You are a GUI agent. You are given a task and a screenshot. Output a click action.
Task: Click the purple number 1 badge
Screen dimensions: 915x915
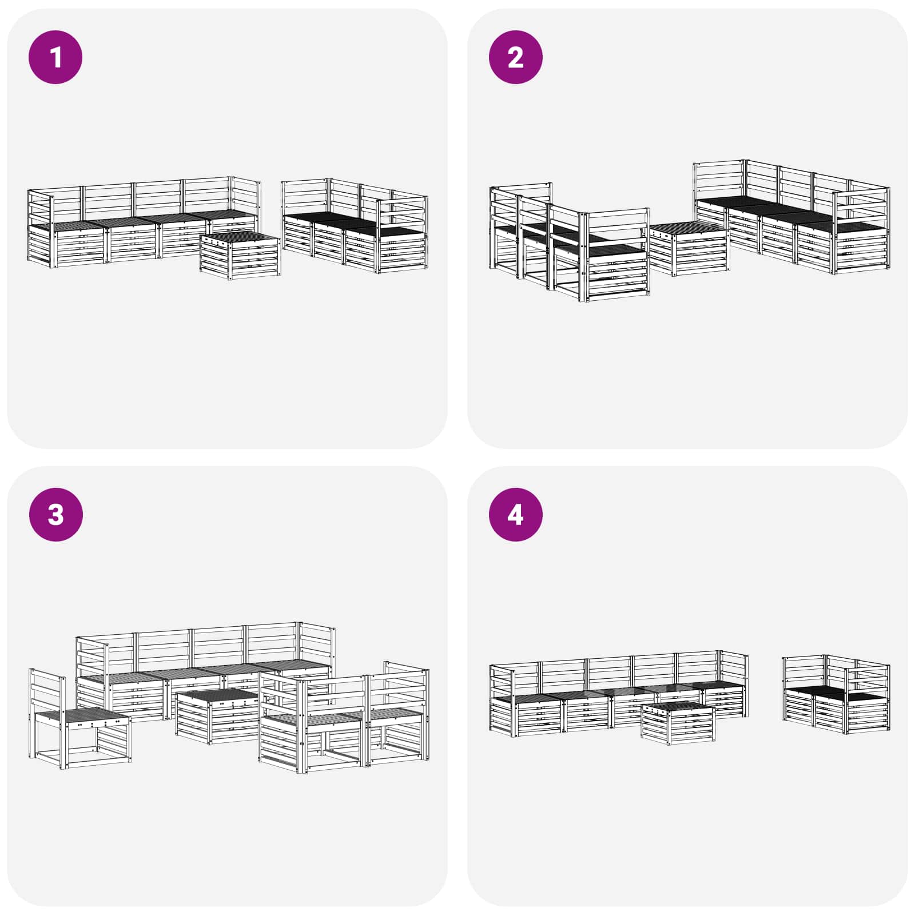point(55,57)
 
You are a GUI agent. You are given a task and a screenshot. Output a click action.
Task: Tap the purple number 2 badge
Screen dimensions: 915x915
point(515,57)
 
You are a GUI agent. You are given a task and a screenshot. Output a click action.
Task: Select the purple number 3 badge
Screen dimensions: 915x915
point(55,514)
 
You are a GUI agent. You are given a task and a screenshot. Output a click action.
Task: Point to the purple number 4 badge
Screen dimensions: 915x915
point(515,514)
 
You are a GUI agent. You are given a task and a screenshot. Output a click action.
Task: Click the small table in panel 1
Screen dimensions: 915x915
point(240,255)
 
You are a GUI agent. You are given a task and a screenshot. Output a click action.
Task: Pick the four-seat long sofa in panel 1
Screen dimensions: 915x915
point(143,223)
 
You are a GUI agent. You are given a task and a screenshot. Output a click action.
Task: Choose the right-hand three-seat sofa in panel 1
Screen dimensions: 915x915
point(355,226)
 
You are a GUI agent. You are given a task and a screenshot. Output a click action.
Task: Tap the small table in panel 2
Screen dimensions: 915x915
point(689,249)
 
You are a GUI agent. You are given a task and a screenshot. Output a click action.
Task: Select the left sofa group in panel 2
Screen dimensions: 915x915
point(569,243)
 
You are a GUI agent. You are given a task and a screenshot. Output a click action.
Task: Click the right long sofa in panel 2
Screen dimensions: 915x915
point(792,217)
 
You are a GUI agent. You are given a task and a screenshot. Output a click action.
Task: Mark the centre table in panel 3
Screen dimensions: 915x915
point(217,716)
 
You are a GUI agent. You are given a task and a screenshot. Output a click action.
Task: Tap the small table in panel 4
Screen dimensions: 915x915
point(678,723)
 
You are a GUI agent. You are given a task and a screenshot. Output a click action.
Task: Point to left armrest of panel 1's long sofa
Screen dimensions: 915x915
point(40,229)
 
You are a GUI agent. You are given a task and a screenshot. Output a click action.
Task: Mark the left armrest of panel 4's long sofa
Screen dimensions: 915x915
point(502,698)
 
